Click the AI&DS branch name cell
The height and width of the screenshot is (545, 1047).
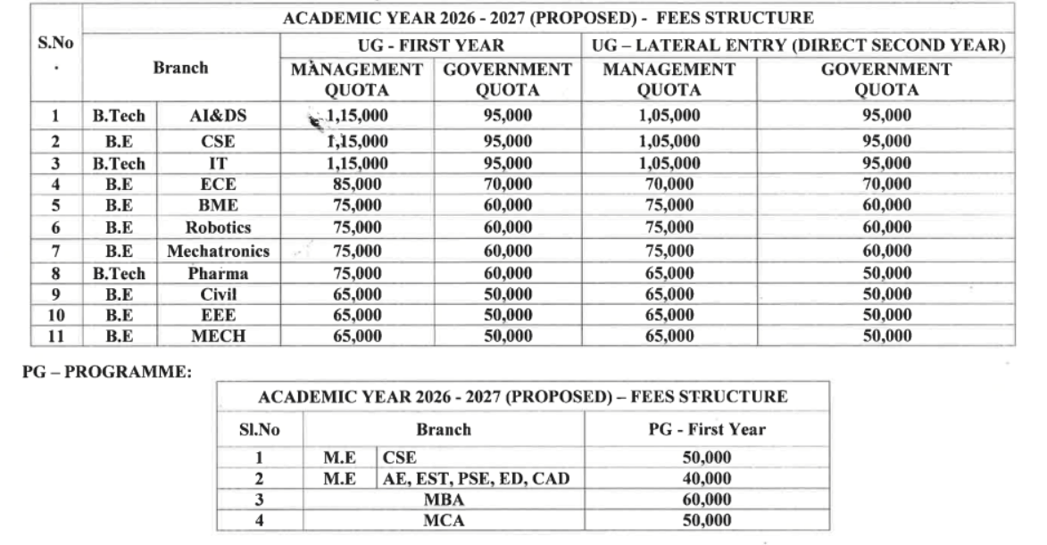(x=218, y=117)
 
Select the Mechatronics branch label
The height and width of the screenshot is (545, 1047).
(x=218, y=252)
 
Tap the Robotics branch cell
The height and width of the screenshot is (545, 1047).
(x=218, y=227)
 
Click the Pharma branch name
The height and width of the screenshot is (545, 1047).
(x=218, y=275)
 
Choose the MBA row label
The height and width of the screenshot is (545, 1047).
(x=444, y=500)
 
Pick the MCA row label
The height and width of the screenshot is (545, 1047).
(x=444, y=520)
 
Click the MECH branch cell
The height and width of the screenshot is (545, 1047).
(x=218, y=336)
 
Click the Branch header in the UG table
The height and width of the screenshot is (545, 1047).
(x=180, y=67)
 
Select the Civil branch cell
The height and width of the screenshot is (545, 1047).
(x=218, y=294)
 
